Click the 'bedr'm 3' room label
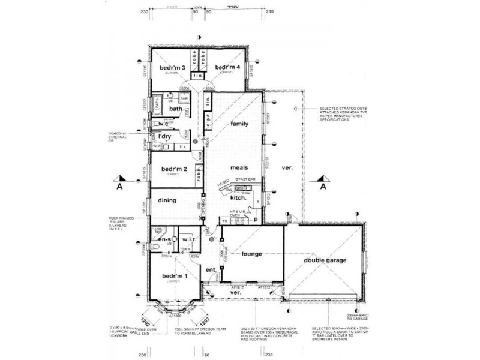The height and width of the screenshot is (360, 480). click(x=172, y=68)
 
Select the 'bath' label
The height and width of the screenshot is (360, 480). click(x=175, y=109)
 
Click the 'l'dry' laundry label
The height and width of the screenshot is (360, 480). click(x=165, y=137)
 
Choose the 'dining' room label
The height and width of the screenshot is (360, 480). click(x=167, y=200)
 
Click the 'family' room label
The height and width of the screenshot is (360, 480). click(x=240, y=124)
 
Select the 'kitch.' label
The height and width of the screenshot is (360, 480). click(x=239, y=197)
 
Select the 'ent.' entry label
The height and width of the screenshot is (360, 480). click(x=211, y=271)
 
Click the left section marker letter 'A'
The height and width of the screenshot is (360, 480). click(x=121, y=187)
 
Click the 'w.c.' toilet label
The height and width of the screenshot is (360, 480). click(x=163, y=124)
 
